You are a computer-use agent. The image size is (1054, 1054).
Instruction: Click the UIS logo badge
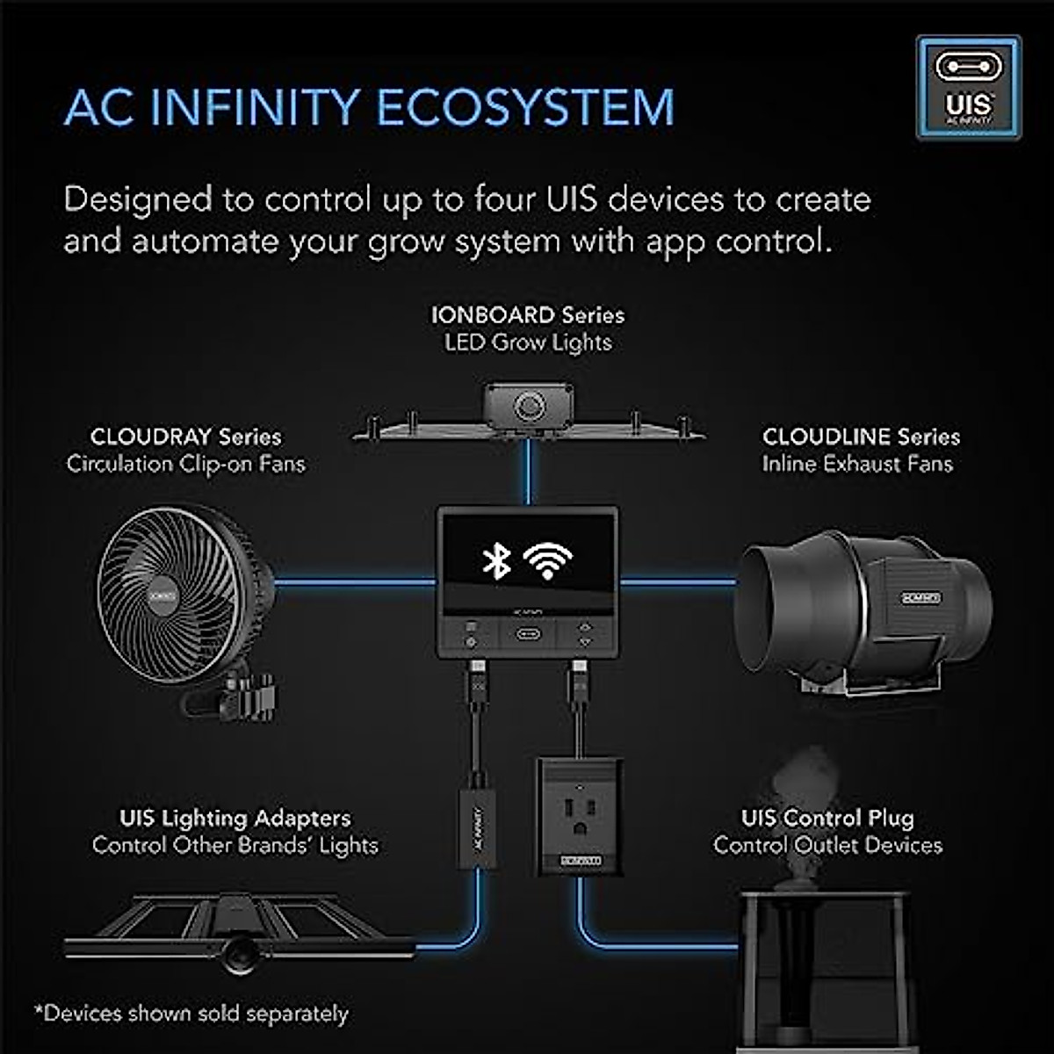pos(968,88)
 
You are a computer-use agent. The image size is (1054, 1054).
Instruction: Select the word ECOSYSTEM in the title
pos(524,108)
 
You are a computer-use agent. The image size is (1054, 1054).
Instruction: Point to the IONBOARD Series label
pos(528,314)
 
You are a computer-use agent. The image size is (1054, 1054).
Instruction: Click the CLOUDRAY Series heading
pos(186,437)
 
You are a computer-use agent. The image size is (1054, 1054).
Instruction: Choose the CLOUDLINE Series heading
pos(861,437)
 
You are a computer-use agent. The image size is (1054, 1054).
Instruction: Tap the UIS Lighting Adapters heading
pos(235,818)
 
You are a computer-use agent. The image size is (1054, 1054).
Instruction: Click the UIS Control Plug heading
pos(827,818)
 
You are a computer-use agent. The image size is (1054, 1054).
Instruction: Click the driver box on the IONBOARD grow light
pos(527,406)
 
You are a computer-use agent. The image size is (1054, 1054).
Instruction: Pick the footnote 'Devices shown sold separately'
pos(191,1014)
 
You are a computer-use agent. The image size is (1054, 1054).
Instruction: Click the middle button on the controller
pos(528,634)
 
